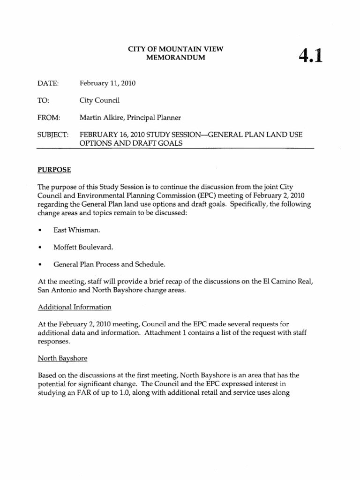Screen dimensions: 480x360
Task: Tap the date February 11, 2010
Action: pyautogui.click(x=107, y=83)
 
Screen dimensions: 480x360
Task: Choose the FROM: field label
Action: pyautogui.click(x=49, y=117)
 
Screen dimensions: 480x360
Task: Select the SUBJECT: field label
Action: pyautogui.click(x=52, y=135)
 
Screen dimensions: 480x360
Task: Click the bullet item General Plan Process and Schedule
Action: pyautogui.click(x=109, y=264)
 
